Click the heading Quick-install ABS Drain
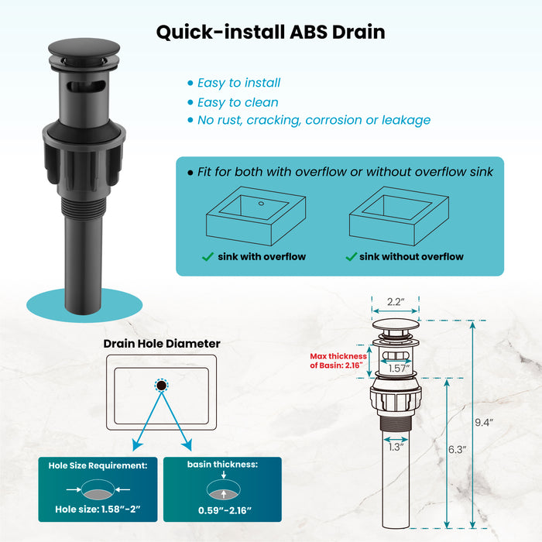click(x=270, y=33)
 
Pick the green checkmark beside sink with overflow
click(x=208, y=256)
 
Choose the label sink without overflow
click(x=411, y=256)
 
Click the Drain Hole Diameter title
click(x=162, y=343)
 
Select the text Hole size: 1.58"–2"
click(x=98, y=512)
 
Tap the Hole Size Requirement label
click(x=98, y=465)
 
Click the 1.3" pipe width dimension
click(x=396, y=446)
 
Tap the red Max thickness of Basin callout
click(x=338, y=361)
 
